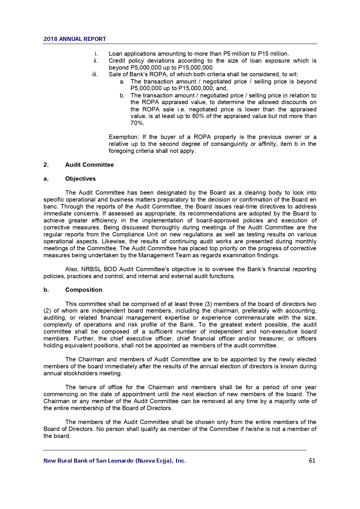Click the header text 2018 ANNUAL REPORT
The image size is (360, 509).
coord(75,39)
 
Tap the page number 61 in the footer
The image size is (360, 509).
coord(312,461)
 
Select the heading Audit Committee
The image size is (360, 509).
coord(89,165)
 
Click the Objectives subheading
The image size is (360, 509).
coord(80,179)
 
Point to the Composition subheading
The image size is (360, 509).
coord(84,290)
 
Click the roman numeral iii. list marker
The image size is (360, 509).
coord(95,75)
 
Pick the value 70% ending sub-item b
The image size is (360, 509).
coord(137,123)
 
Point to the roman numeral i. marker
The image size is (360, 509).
coord(96,54)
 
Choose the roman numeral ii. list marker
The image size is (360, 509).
coord(95,61)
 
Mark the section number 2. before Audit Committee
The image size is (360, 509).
coord(46,165)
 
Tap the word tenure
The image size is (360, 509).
coord(88,387)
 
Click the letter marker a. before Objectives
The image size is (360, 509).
coord(46,179)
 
